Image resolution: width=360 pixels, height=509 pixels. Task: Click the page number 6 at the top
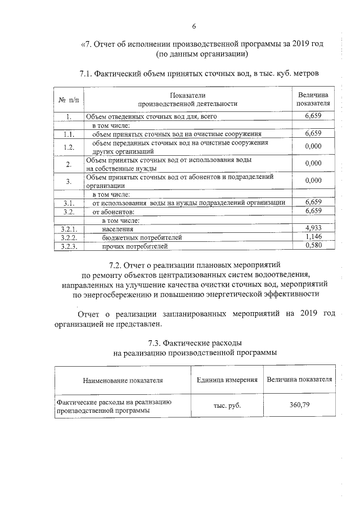pyautogui.click(x=194, y=26)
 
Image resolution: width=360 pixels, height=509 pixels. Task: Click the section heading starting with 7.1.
pyautogui.click(x=200, y=74)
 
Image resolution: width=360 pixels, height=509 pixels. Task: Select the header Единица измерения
pyautogui.click(x=227, y=380)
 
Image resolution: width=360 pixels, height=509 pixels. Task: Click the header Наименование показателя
pyautogui.click(x=123, y=380)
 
